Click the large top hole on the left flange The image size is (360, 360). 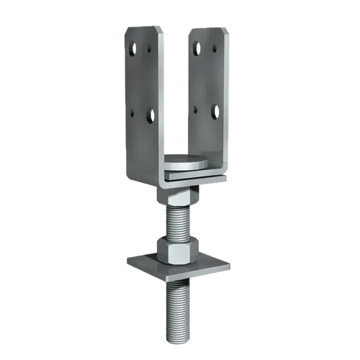(x=133, y=48)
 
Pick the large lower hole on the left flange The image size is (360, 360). (x=150, y=114)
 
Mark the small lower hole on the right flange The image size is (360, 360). (x=196, y=110)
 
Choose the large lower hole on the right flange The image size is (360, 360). (x=214, y=111)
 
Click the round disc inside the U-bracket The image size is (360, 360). (x=186, y=161)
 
